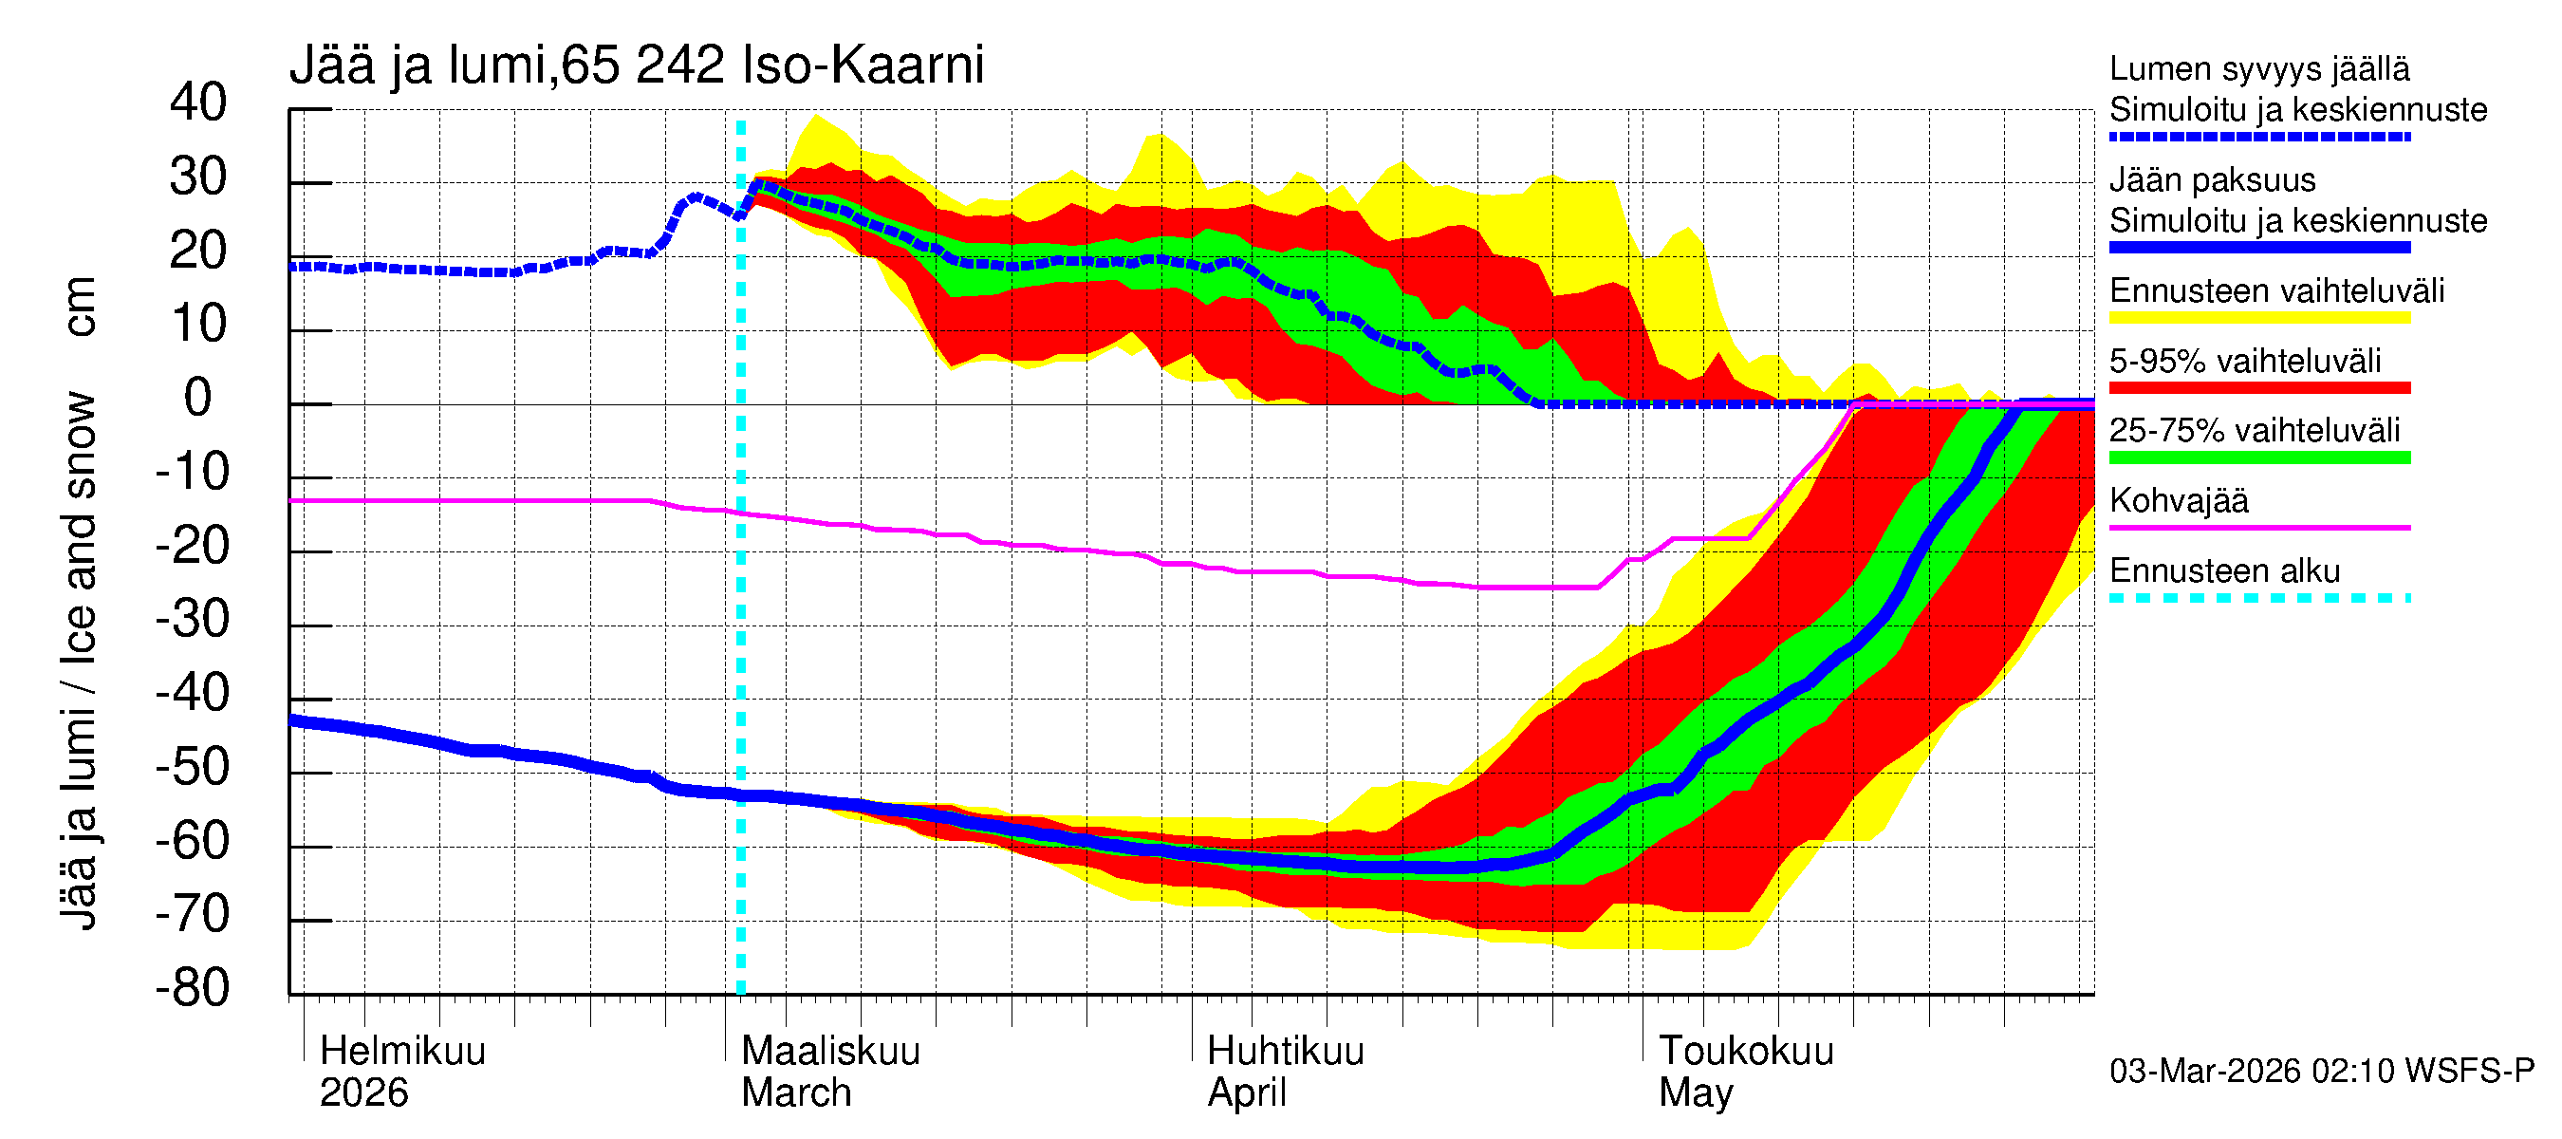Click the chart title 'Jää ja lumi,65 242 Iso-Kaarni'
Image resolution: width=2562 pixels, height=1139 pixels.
tap(637, 65)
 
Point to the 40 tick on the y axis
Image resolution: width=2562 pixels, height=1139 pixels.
tap(198, 103)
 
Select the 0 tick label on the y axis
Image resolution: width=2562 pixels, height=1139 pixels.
tap(198, 398)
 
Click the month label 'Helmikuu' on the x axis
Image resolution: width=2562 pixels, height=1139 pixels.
tap(402, 1052)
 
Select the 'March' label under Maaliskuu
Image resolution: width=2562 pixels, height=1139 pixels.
tap(796, 1093)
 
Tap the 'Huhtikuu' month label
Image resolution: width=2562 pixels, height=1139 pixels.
tap(1285, 1052)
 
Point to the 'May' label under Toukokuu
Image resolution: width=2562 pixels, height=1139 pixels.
tap(1696, 1093)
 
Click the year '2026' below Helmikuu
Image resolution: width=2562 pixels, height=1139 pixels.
tap(363, 1093)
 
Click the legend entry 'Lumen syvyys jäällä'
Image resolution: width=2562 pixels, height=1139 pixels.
tap(2258, 69)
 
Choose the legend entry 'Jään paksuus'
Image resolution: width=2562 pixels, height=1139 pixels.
tap(2212, 180)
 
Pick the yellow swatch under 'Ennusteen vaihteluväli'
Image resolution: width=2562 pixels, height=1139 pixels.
tap(2258, 318)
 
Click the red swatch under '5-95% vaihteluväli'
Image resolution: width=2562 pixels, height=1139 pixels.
tap(2258, 388)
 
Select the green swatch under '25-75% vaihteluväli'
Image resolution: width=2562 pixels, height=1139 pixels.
tap(2258, 457)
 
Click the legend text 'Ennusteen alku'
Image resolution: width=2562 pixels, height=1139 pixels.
tap(2224, 571)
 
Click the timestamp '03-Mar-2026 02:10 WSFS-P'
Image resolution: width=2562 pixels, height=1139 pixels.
tap(2321, 1072)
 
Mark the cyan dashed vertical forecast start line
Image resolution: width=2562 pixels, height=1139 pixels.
tap(741, 597)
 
